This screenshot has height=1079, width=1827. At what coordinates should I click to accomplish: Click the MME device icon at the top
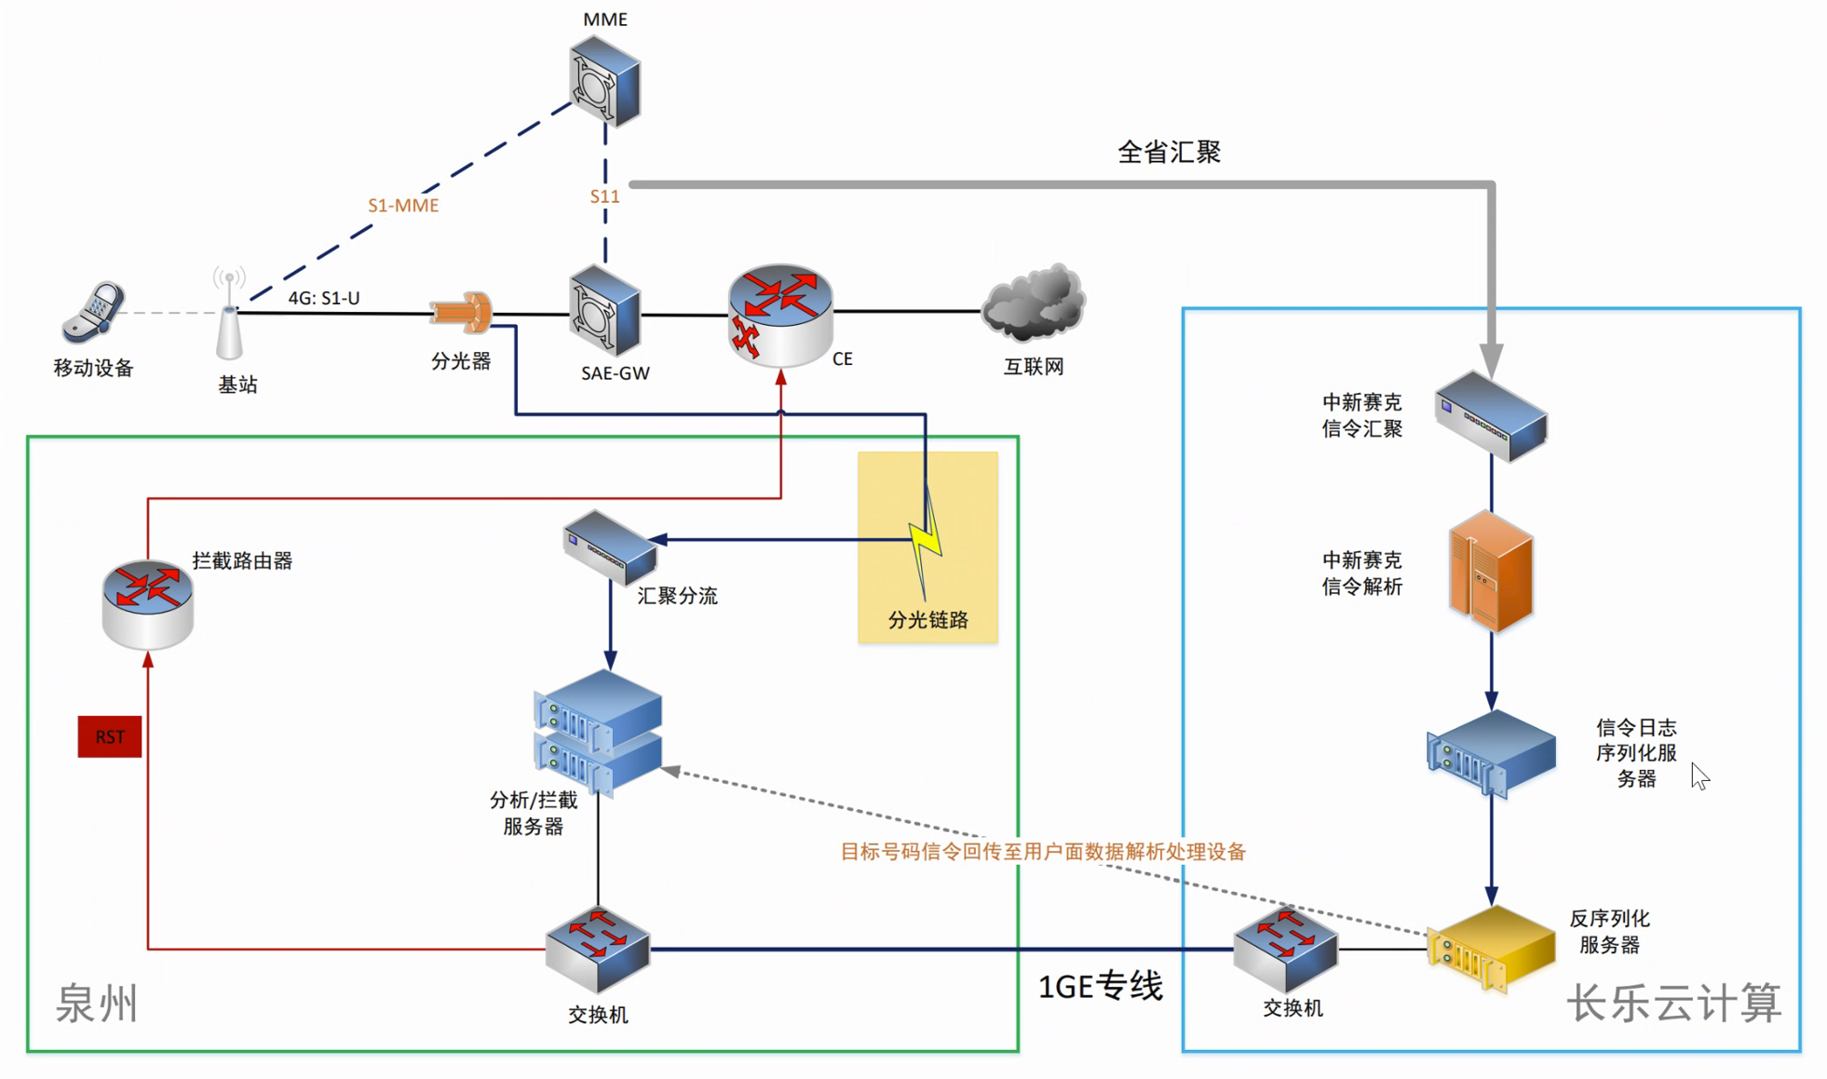604,80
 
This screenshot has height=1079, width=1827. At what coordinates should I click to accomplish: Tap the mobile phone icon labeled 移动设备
93,313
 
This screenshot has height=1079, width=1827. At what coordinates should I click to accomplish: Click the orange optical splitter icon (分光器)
462,312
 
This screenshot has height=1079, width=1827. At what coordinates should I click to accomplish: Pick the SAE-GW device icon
604,311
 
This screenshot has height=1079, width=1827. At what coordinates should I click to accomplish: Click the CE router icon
780,314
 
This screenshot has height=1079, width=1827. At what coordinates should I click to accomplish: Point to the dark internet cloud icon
1034,303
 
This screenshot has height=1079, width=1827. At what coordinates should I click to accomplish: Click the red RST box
110,736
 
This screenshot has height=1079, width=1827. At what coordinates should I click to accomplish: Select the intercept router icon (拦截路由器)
147,602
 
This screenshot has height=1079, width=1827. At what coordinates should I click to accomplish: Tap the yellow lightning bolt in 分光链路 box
925,549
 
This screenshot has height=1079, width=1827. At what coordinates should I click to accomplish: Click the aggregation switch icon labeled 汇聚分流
610,546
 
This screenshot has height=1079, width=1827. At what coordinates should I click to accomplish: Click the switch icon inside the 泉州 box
598,950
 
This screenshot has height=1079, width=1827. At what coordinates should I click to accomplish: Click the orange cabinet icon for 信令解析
1491,572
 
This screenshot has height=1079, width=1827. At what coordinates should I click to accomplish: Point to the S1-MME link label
403,206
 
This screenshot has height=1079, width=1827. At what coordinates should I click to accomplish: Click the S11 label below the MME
604,196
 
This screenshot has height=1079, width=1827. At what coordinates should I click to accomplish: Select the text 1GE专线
1101,986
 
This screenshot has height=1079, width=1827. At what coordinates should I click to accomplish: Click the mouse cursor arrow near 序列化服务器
1699,776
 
